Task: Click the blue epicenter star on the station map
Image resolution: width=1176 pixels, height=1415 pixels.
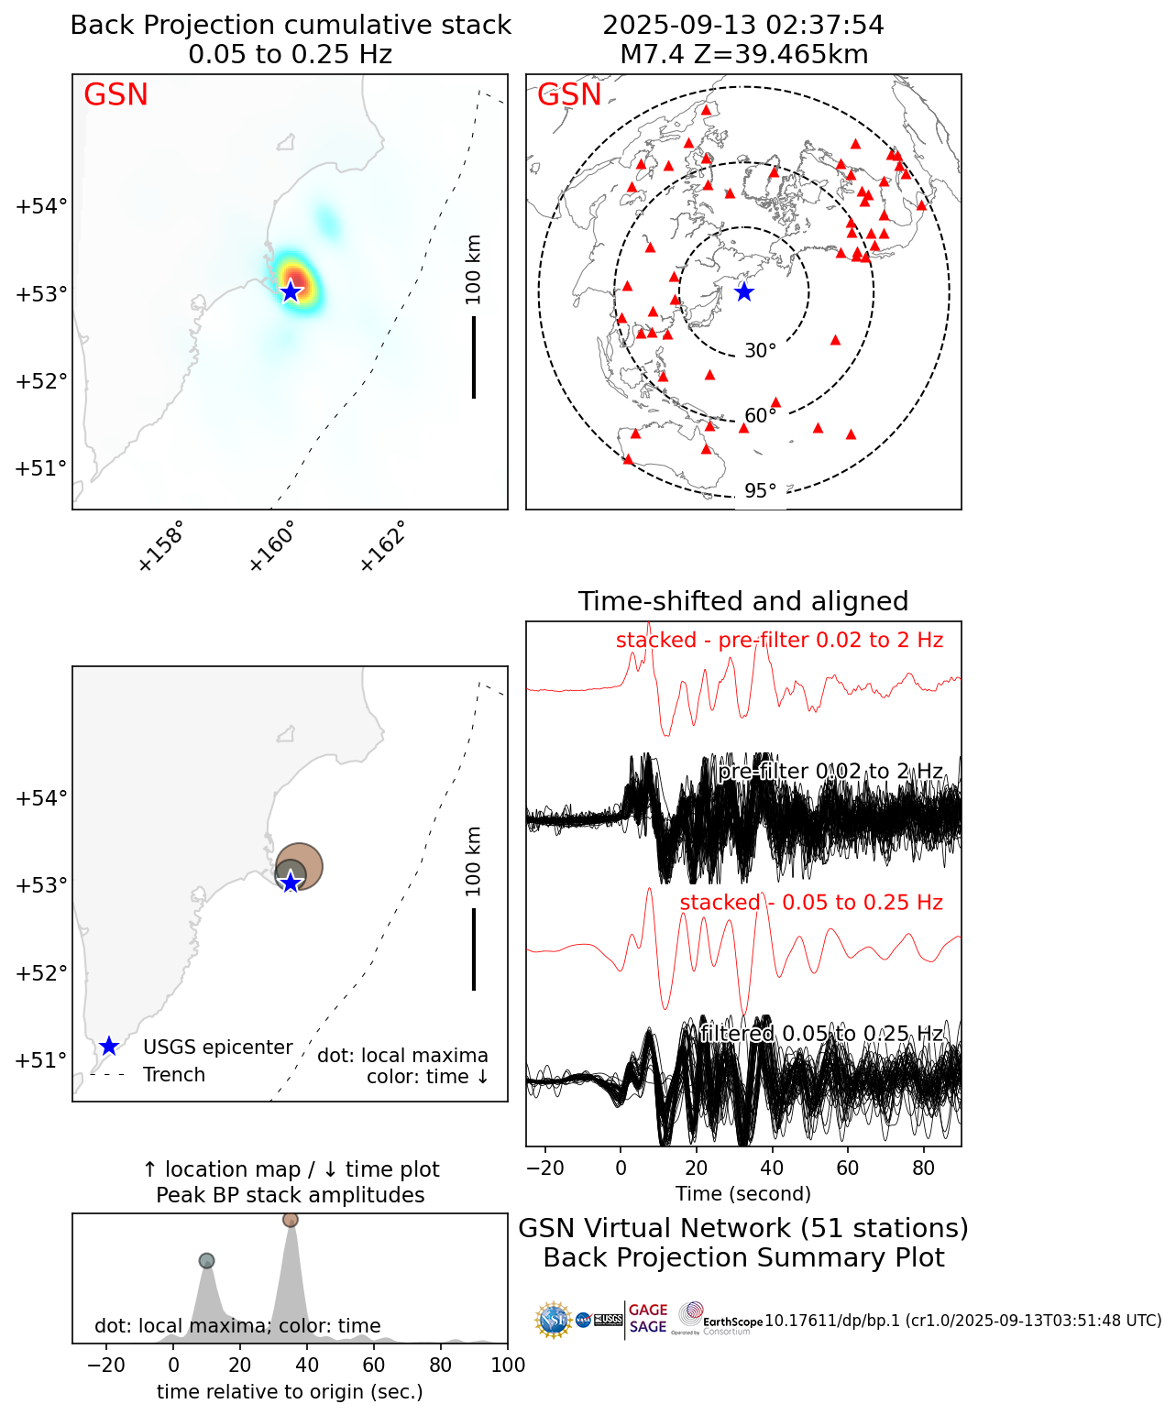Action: tap(744, 292)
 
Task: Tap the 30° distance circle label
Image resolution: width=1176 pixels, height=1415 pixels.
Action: tap(760, 351)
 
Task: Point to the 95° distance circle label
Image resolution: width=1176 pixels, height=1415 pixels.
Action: tap(760, 491)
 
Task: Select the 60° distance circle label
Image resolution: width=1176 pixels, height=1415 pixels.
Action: tap(760, 416)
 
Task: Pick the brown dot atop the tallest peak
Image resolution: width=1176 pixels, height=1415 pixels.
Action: tap(291, 1220)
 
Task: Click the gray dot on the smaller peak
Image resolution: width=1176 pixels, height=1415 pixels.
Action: tap(206, 1261)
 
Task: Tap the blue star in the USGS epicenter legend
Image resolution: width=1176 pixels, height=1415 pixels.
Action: tap(108, 1047)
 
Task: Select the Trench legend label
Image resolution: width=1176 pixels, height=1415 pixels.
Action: tap(174, 1075)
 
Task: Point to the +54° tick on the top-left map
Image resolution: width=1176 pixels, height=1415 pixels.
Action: tap(41, 206)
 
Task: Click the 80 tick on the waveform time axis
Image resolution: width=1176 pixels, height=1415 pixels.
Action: tap(924, 1168)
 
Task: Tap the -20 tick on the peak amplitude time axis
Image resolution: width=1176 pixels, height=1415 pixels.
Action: tap(106, 1366)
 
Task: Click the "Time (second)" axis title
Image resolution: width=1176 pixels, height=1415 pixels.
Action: tap(743, 1194)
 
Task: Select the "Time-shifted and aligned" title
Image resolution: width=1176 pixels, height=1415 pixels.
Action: tap(743, 601)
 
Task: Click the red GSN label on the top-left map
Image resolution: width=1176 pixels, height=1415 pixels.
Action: tap(115, 95)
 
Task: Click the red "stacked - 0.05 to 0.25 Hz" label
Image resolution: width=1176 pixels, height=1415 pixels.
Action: tap(811, 903)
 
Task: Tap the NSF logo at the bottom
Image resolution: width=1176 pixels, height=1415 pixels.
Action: tap(554, 1320)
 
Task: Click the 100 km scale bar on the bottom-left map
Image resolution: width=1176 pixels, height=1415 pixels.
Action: tap(474, 949)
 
